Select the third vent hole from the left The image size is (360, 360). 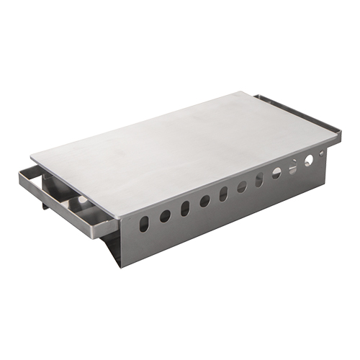tap(185, 208)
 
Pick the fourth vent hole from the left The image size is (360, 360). tap(204, 201)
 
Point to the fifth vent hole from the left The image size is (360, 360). tap(223, 193)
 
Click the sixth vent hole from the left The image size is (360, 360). tap(242, 186)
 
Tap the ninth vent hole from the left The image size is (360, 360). tap(292, 167)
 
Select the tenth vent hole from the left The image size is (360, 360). tap(308, 160)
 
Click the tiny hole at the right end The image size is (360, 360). tap(321, 153)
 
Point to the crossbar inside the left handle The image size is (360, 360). tap(68, 205)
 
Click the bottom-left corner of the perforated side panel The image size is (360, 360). tap(123, 266)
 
